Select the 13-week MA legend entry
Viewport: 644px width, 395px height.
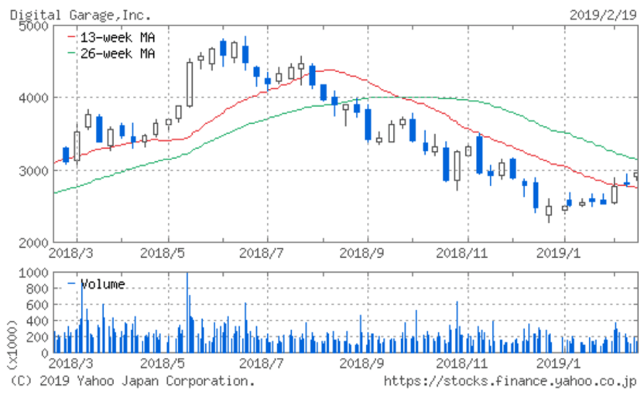point(115,37)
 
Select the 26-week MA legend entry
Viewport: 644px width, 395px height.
point(115,53)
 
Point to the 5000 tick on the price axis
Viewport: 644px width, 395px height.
point(32,26)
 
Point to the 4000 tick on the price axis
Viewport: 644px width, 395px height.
point(32,98)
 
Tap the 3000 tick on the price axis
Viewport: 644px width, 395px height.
point(32,170)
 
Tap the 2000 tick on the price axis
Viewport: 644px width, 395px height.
point(32,242)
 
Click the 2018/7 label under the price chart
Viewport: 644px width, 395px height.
point(266,252)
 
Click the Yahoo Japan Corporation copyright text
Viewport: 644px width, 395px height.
point(132,381)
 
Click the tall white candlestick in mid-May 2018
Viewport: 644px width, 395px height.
point(190,84)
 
